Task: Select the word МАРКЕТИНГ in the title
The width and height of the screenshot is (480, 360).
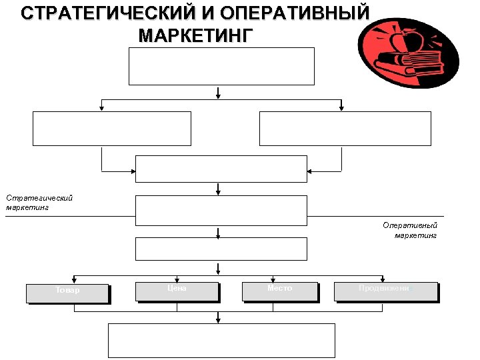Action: [196, 35]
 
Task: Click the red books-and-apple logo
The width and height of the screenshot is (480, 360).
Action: [408, 53]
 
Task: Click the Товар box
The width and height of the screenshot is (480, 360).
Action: [67, 293]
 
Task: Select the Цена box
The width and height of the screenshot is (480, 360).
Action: [177, 291]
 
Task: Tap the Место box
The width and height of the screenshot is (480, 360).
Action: [280, 291]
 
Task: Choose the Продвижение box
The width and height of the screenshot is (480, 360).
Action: [386, 291]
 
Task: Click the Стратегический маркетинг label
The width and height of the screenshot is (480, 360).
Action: [39, 202]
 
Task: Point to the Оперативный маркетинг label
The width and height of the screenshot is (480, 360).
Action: [409, 229]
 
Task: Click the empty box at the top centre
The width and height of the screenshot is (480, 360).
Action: [221, 66]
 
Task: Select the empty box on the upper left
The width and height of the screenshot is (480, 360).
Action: [111, 128]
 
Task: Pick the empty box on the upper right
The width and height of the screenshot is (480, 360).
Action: [345, 128]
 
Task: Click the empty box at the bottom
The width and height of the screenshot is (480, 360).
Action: [221, 341]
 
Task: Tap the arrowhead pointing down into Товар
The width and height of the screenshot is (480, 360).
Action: [73, 280]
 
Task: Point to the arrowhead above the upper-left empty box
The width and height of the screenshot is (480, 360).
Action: [101, 107]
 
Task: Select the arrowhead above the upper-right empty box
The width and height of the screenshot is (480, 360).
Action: [341, 107]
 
